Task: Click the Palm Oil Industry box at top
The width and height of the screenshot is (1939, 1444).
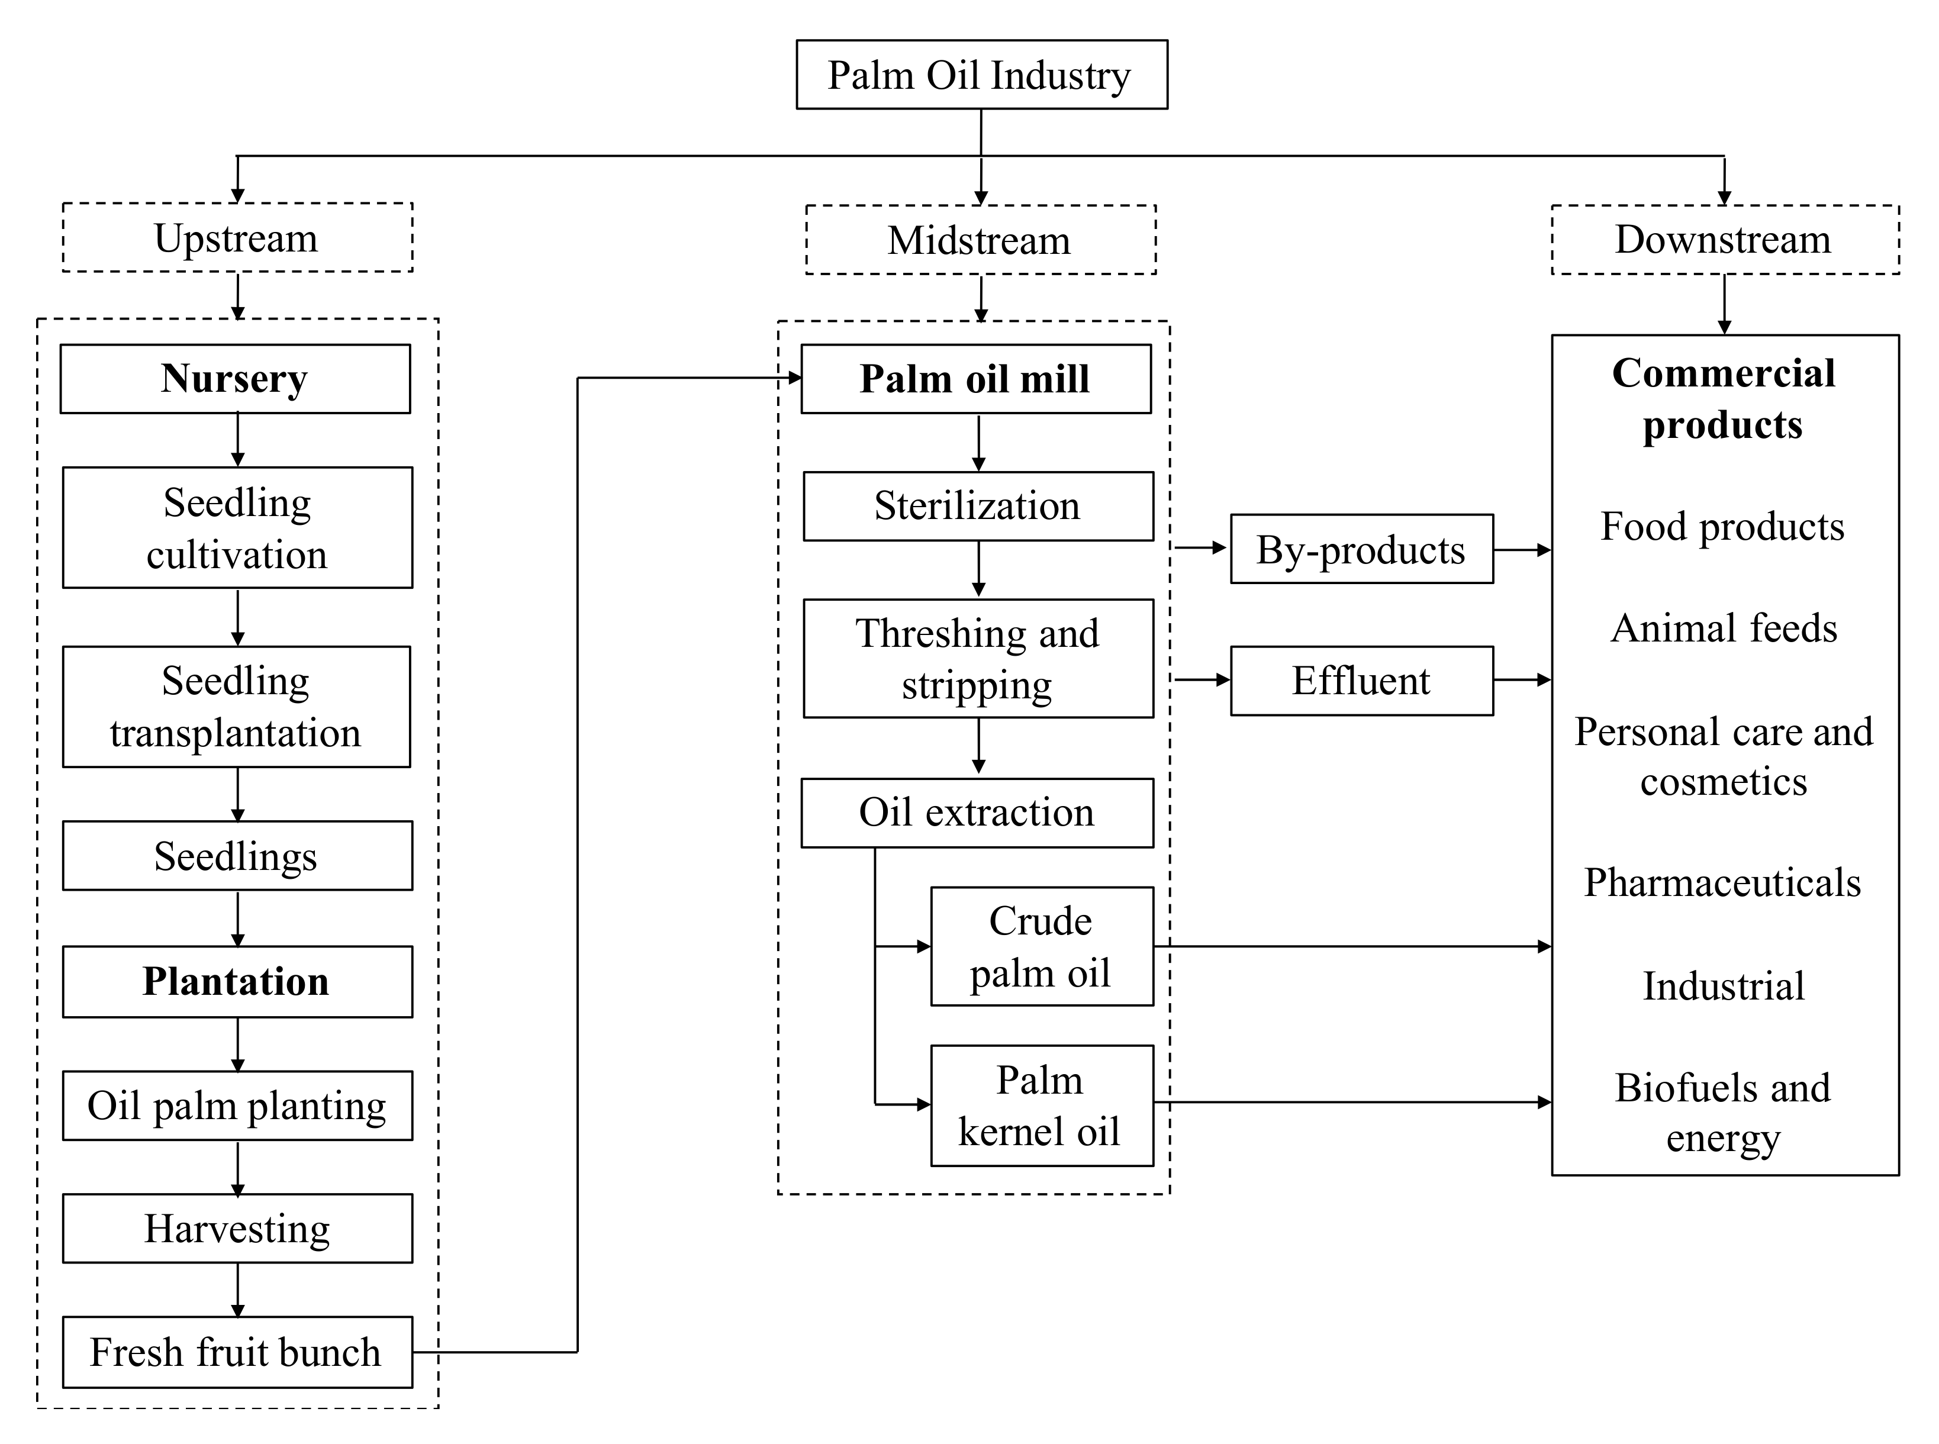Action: pos(981,75)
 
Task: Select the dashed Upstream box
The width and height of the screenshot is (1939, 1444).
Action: pos(237,238)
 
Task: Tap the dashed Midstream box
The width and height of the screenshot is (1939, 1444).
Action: pos(980,240)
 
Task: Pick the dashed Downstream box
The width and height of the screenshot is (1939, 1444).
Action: pos(1724,240)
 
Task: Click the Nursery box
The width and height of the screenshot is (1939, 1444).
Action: pos(235,379)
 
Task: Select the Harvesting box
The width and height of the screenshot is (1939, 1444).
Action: pos(237,1228)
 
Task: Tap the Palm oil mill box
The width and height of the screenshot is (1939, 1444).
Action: pos(975,379)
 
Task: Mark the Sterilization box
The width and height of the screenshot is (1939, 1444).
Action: pos(977,506)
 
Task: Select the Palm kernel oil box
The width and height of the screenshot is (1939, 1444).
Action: pos(1041,1105)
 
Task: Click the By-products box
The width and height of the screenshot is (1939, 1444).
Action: pos(1361,549)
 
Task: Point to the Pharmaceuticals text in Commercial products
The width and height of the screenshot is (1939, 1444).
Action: pos(1722,882)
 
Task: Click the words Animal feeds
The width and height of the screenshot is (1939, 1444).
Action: pos(1723,627)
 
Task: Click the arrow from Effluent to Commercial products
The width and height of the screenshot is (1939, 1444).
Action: pos(1522,679)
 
